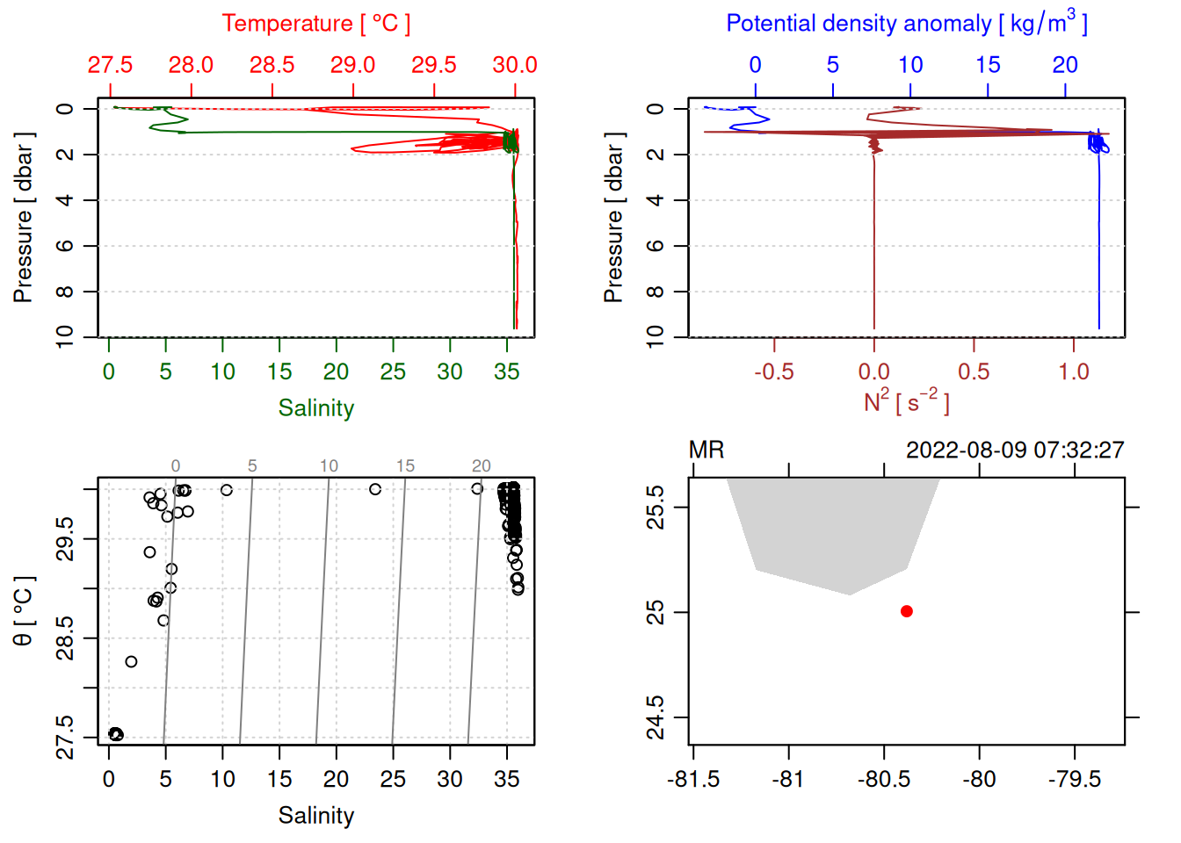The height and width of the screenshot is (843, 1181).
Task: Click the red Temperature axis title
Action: (x=315, y=24)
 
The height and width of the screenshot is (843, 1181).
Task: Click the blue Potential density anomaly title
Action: (x=906, y=24)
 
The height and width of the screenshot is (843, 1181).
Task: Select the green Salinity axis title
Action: (x=315, y=408)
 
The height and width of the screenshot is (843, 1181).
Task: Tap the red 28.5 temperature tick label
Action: (x=272, y=65)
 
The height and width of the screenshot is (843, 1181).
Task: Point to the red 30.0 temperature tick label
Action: (x=514, y=65)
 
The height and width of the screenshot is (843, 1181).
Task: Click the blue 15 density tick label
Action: (x=988, y=65)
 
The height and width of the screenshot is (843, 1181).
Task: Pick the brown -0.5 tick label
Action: (x=773, y=372)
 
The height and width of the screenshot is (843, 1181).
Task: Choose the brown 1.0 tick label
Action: (x=1073, y=372)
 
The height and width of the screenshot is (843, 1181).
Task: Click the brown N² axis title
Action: (x=906, y=402)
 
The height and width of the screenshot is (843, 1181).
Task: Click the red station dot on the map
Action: (x=907, y=611)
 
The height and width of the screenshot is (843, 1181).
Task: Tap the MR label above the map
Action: (x=706, y=450)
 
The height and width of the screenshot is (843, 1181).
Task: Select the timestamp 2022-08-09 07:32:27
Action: (x=1015, y=450)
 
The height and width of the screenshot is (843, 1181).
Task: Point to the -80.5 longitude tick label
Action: (x=884, y=780)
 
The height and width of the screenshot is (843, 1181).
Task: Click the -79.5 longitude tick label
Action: (x=1075, y=780)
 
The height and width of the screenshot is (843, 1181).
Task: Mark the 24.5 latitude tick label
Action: (x=656, y=717)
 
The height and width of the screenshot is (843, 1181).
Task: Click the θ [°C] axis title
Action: (x=24, y=611)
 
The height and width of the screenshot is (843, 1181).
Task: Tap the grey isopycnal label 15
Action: (x=405, y=466)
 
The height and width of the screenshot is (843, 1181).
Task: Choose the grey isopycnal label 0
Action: (x=176, y=466)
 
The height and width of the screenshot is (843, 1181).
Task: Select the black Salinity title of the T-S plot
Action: (x=315, y=816)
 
